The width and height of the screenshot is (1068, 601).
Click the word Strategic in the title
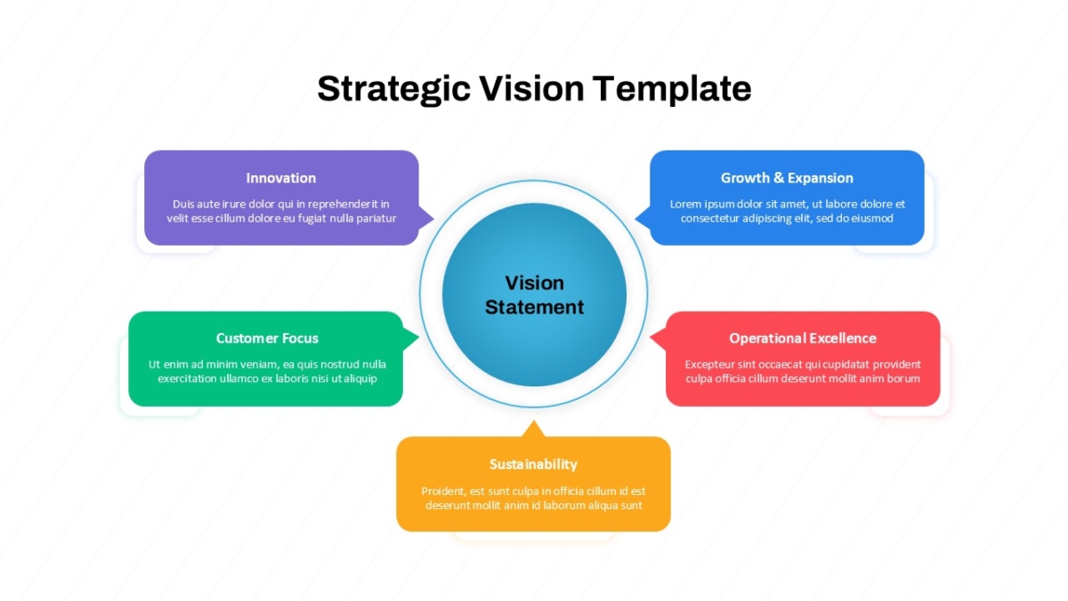click(x=393, y=89)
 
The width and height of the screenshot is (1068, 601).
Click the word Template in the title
click(x=672, y=89)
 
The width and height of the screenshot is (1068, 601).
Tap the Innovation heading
click(x=281, y=178)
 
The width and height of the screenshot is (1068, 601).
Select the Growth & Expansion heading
click(x=787, y=178)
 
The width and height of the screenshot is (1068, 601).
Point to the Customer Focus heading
click(x=267, y=338)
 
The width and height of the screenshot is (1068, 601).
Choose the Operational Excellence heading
click(x=803, y=338)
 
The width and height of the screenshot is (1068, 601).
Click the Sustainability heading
click(x=533, y=464)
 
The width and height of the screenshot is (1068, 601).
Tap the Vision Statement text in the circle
click(x=534, y=295)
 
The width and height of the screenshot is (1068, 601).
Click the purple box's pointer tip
click(x=434, y=219)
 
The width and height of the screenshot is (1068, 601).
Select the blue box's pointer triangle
click(x=643, y=218)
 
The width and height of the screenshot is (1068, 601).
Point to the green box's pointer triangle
click(x=411, y=338)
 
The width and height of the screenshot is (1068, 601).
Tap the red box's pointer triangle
click(x=659, y=338)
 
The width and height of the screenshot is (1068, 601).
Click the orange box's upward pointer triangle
click(x=533, y=429)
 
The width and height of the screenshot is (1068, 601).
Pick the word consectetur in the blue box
click(x=708, y=218)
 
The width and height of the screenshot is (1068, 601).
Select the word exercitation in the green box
click(x=187, y=378)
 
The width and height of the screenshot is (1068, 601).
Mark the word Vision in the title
click(x=531, y=89)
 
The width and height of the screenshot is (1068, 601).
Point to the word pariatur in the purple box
click(x=376, y=219)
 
